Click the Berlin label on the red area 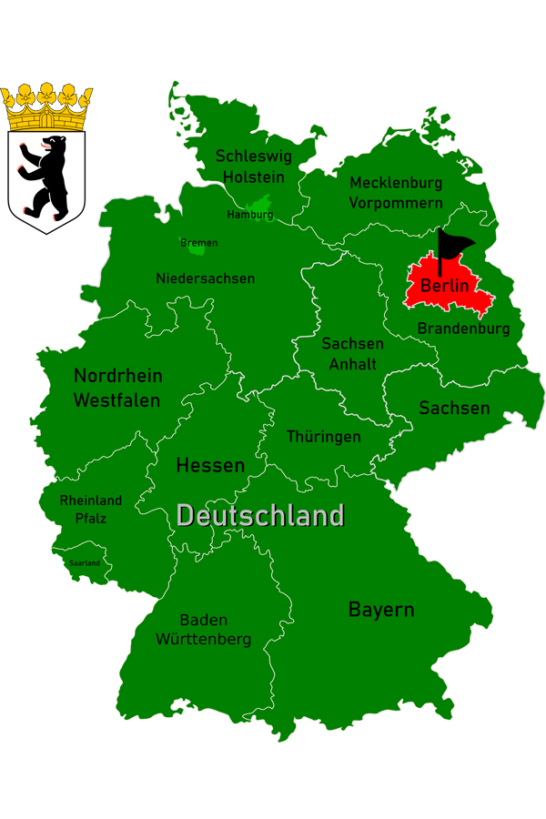444,286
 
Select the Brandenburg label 463,329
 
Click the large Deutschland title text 260,516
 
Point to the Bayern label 381,610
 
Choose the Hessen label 210,465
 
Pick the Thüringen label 323,437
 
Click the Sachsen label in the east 454,408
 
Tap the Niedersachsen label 205,278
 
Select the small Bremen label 198,243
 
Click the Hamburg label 249,215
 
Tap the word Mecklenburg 395,183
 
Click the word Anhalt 352,364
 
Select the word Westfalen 116,400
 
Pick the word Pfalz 90,519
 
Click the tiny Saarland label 84,563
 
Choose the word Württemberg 203,640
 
